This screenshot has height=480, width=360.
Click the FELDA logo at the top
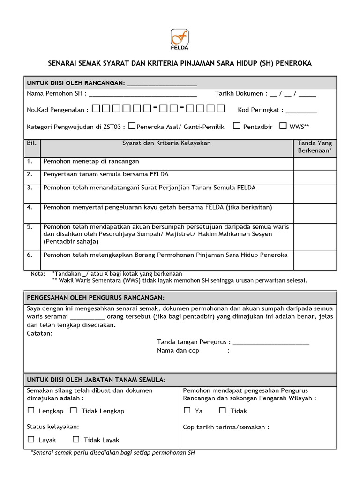pos(180,39)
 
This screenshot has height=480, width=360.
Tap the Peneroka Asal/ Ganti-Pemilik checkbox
pos(132,126)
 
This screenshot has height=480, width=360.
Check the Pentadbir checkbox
pos(237,126)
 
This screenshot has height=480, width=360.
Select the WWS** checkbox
pos(283,126)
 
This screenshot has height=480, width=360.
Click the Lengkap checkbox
pos(31,410)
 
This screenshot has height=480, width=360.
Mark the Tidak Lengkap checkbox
pos(74,410)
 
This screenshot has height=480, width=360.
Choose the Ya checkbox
pos(187,410)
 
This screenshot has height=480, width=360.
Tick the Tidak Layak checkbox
pos(76,439)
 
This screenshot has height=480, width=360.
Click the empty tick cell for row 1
pos(315,164)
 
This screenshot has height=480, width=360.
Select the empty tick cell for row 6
pos(315,261)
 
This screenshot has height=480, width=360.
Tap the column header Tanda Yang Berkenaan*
pos(315,147)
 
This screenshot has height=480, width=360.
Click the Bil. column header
pos(31,143)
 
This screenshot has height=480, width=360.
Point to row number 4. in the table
pos(30,207)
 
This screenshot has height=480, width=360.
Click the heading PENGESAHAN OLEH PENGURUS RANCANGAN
pos(96,298)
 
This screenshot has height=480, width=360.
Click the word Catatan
pos(40,333)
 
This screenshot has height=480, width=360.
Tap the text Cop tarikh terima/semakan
pos(226,427)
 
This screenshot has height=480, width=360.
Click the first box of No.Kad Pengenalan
pos(96,109)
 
